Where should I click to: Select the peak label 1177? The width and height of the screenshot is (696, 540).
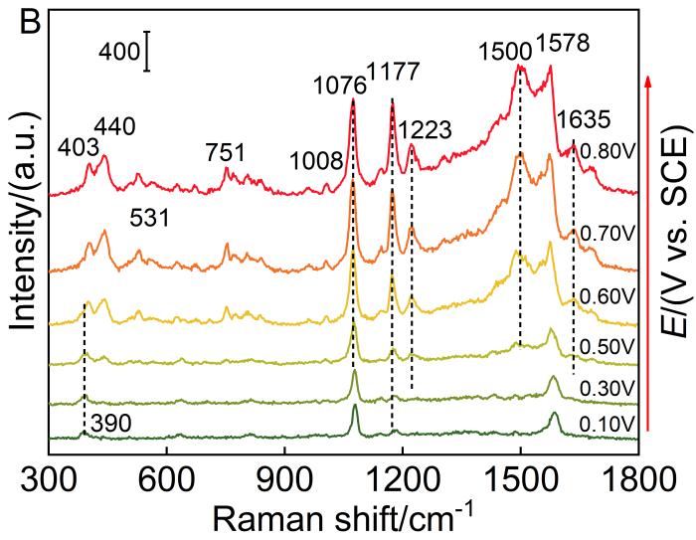coord(393,73)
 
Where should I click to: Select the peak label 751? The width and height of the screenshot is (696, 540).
coord(225,152)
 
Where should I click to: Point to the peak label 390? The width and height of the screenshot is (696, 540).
coord(110,425)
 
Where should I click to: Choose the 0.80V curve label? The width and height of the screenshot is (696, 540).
coord(609,154)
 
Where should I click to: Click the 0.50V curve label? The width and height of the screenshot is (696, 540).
coord(609,347)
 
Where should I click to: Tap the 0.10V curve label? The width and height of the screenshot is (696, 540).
coord(609,425)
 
